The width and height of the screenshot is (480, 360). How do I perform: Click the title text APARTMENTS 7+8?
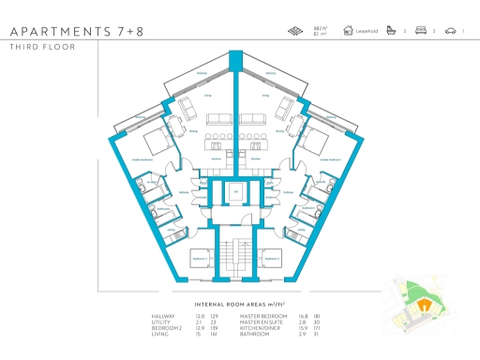(x=72, y=31)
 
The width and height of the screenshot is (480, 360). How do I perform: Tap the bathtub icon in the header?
(x=392, y=31)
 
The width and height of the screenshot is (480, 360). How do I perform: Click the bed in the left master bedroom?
(x=156, y=143)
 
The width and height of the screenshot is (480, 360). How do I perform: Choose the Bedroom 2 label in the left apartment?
(x=200, y=257)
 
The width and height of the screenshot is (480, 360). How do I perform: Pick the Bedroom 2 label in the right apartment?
(x=271, y=257)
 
